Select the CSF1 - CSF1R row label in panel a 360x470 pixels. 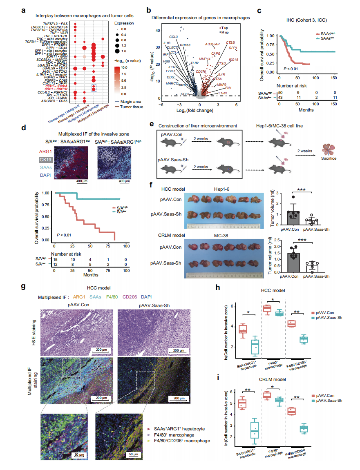(x=56, y=88)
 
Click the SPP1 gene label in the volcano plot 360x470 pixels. (x=233, y=48)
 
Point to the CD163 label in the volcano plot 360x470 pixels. (x=185, y=45)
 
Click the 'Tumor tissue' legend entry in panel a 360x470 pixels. (x=129, y=105)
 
